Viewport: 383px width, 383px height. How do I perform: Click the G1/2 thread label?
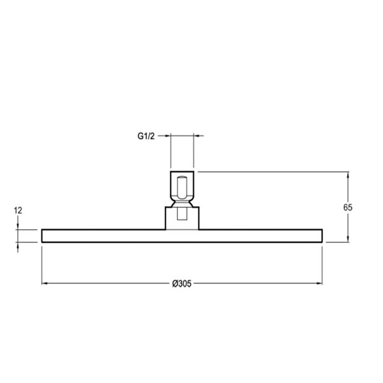146,136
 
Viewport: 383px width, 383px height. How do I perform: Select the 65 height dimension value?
348,207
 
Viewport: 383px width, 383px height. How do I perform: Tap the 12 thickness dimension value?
18,210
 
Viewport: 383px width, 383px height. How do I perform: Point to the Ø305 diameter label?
182,283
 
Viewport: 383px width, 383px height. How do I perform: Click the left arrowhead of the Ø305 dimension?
45,283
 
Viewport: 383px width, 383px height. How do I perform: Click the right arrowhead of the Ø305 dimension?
319,283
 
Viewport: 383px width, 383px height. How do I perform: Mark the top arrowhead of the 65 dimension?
348,175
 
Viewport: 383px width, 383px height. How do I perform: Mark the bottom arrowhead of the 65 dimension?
348,239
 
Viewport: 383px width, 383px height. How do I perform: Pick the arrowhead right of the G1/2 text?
167,135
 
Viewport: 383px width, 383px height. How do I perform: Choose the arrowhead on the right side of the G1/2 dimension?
197,135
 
